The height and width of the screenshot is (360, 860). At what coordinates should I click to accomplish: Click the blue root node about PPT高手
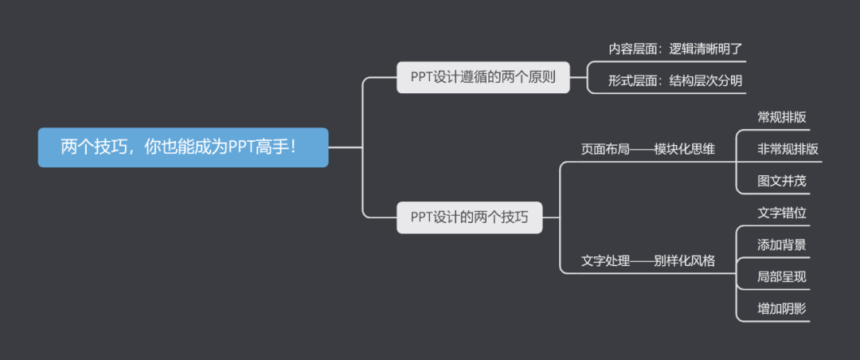click(x=183, y=147)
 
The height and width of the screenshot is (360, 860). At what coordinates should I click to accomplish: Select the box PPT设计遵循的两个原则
click(x=483, y=77)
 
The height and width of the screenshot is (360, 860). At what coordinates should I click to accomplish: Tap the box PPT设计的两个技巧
click(x=469, y=217)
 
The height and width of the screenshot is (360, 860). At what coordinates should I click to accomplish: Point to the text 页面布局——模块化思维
click(x=647, y=149)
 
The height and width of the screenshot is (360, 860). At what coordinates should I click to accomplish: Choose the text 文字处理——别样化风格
click(x=647, y=260)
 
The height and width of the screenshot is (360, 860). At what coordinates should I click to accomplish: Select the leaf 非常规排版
click(x=788, y=149)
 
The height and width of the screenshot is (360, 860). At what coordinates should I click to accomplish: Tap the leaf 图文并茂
click(x=781, y=181)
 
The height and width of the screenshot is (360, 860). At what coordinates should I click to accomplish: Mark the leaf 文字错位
click(x=781, y=213)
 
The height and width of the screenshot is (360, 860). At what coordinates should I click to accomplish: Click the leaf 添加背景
click(x=781, y=245)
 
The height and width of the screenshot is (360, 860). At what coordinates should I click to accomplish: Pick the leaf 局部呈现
click(x=781, y=277)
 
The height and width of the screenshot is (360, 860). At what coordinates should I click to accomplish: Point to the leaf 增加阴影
click(x=781, y=309)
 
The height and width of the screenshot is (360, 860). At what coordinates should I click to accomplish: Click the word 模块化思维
click(x=684, y=149)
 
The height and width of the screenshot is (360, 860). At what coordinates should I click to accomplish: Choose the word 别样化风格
click(x=684, y=260)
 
